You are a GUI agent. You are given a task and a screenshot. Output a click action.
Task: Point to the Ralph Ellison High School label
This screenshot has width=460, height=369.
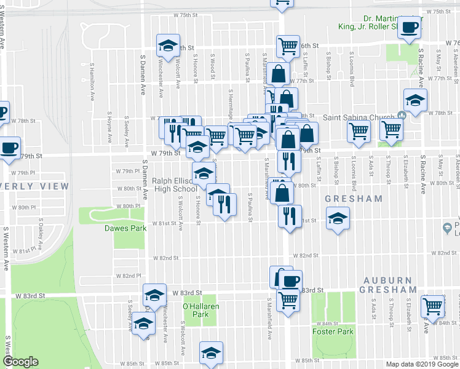point(175,185)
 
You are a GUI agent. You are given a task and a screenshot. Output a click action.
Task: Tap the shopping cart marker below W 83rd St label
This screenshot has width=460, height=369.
point(287,300)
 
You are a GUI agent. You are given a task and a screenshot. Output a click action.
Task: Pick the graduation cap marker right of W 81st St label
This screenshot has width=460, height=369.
point(337,218)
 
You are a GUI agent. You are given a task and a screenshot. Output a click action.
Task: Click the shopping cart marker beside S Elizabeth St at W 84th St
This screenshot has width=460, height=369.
point(433,305)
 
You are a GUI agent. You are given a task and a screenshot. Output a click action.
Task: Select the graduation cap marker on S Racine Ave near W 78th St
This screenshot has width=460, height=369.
point(415,100)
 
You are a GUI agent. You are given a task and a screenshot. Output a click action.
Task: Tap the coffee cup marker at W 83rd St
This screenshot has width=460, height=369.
point(290,281)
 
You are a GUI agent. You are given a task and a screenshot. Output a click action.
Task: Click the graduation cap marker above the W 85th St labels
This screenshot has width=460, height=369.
point(211,353)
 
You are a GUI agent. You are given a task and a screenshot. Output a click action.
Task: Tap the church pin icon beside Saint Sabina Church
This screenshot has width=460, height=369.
point(402,115)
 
